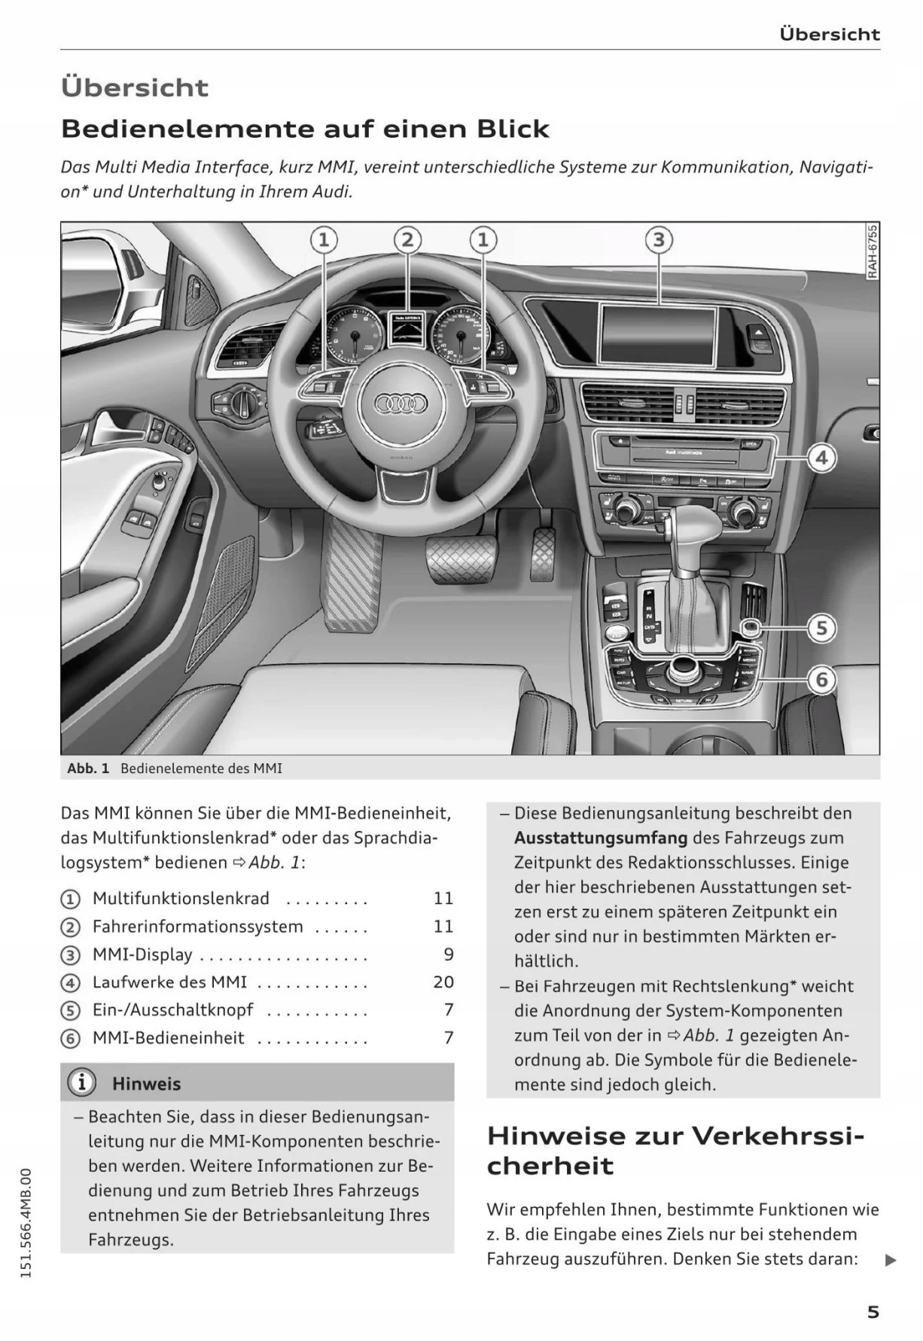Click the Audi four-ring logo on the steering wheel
click(x=401, y=404)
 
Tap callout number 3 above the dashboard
click(x=659, y=240)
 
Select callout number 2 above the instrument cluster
click(x=407, y=240)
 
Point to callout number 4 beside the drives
click(x=821, y=457)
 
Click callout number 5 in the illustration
click(x=821, y=628)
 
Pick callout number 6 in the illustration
click(x=821, y=680)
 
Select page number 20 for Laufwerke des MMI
click(x=443, y=982)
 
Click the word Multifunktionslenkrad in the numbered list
click(x=181, y=899)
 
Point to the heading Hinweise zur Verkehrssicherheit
click(x=675, y=1150)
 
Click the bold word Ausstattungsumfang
click(x=601, y=838)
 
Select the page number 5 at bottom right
click(x=873, y=1312)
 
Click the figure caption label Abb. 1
click(x=88, y=768)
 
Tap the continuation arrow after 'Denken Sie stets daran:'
click(x=891, y=1260)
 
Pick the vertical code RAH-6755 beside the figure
click(x=872, y=251)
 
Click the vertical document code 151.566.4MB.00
click(x=26, y=1222)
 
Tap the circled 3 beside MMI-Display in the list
click(x=69, y=955)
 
